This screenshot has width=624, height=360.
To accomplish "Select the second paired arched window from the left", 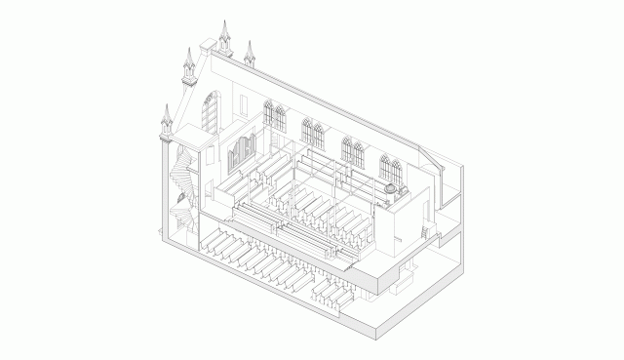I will (313, 135).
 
